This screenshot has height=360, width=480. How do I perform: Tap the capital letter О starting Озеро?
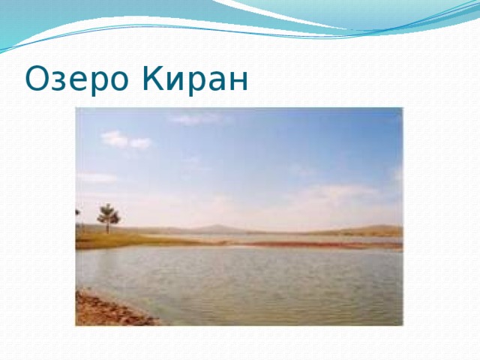tap(37, 77)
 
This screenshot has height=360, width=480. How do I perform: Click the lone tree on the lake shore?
tap(108, 218)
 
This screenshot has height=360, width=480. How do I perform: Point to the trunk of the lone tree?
tap(108, 227)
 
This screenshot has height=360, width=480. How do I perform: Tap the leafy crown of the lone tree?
tap(108, 214)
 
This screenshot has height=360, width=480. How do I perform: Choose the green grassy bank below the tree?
tap(112, 239)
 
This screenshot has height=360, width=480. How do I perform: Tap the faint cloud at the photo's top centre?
tap(193, 118)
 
